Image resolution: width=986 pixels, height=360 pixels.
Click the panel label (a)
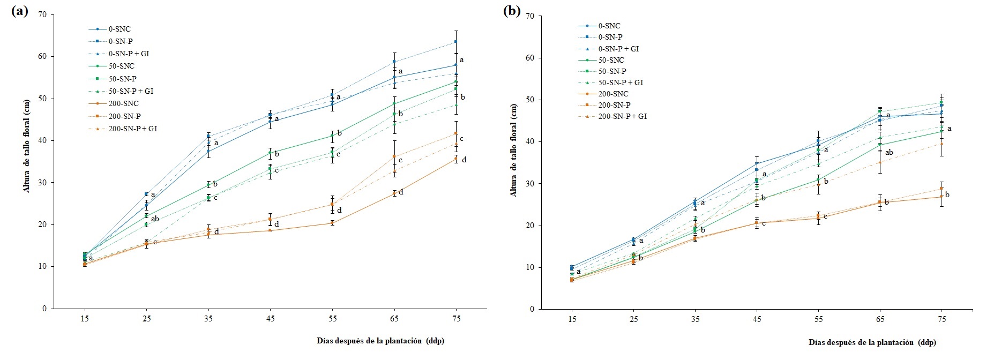tap(19, 12)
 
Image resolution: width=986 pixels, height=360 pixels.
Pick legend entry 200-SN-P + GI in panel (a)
tap(133, 129)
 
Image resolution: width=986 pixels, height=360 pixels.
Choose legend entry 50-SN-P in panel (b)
tap(612, 71)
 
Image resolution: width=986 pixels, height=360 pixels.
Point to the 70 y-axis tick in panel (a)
tap(43, 14)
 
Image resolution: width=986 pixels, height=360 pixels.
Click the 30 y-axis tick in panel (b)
tap(530, 184)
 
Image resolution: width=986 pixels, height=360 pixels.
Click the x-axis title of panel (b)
tap(872, 342)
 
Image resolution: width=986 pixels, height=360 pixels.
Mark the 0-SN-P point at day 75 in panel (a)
tap(455, 41)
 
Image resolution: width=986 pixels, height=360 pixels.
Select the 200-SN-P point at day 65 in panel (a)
tap(394, 156)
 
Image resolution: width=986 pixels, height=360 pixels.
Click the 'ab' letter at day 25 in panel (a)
tap(155, 219)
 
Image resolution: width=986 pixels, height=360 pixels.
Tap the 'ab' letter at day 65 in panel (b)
tap(889, 153)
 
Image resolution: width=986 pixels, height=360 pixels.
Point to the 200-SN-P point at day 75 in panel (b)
tap(942, 189)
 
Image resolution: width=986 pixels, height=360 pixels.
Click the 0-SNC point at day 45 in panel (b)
tap(757, 164)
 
